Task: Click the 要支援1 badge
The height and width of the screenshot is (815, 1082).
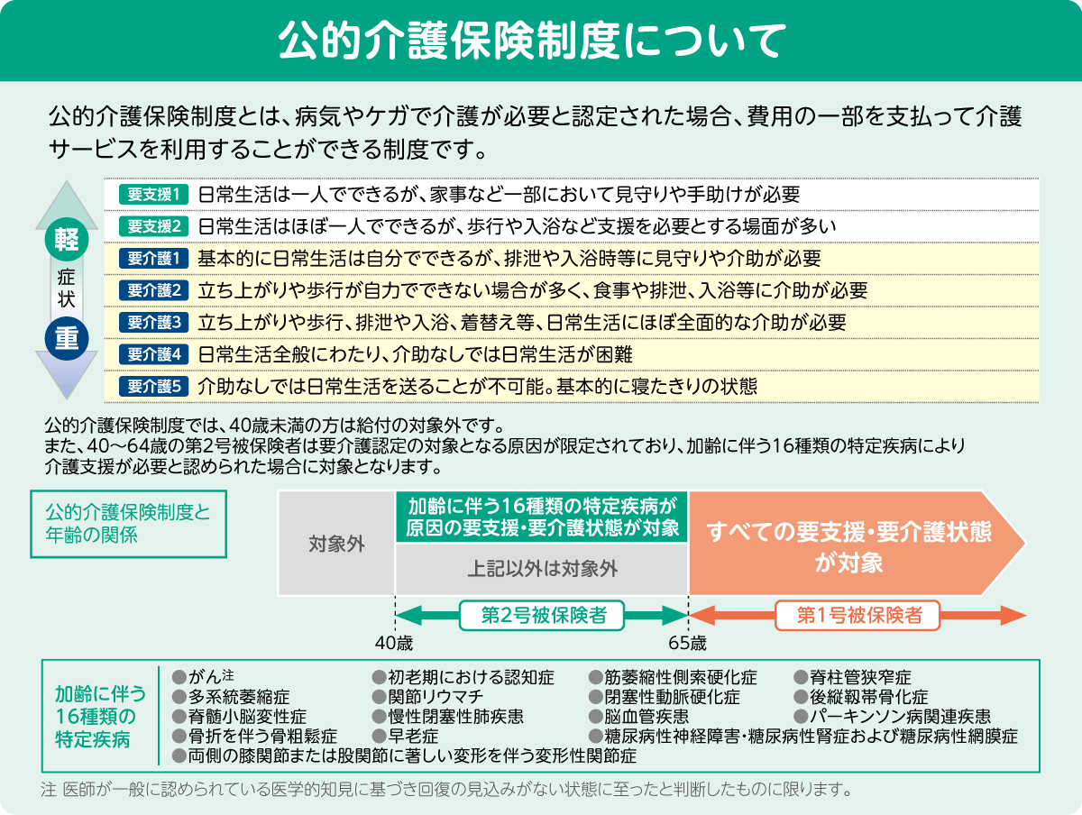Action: coord(154,194)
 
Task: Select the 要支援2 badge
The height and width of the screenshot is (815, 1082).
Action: coord(154,225)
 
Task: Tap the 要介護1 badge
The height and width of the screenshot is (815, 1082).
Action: coord(154,259)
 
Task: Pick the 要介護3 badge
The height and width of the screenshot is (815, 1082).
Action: coord(154,322)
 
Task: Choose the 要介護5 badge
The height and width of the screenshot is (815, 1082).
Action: coord(154,386)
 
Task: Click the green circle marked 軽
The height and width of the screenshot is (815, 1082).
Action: coord(66,238)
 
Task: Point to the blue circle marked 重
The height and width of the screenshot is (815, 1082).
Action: coord(66,336)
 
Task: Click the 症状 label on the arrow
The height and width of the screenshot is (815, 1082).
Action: coord(66,288)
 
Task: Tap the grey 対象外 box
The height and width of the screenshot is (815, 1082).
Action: coord(336,544)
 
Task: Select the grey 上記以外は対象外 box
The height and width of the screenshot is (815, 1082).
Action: coord(542,569)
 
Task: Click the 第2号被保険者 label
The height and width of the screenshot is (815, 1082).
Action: coord(542,616)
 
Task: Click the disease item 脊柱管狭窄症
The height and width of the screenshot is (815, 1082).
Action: coord(860,677)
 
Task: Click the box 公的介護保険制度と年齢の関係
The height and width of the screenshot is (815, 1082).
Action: coord(128,523)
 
